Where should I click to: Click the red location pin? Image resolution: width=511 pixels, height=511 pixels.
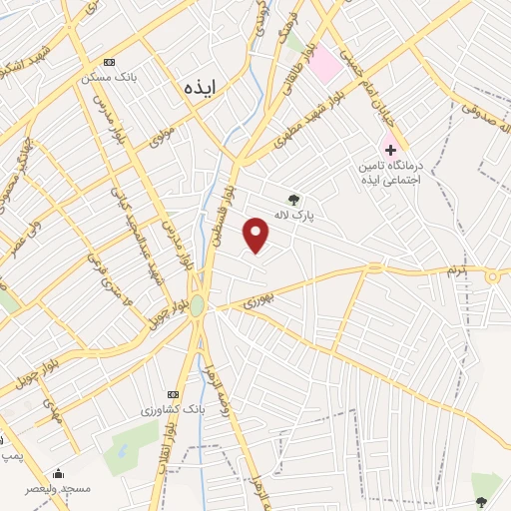tap(256, 235)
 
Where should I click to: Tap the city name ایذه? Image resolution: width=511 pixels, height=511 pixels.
tap(200, 88)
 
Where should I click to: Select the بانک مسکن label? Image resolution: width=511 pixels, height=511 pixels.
tap(109, 77)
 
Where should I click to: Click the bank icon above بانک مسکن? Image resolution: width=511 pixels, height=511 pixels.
tap(109, 61)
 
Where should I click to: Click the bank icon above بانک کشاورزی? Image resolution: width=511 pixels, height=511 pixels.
tap(172, 394)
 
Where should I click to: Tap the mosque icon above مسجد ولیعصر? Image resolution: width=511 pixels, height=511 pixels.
tap(58, 473)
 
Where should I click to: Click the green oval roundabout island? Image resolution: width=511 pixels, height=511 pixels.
tap(198, 304)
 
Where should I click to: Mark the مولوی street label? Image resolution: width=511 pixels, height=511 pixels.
tap(162, 134)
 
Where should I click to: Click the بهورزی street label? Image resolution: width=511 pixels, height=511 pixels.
tap(256, 297)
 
